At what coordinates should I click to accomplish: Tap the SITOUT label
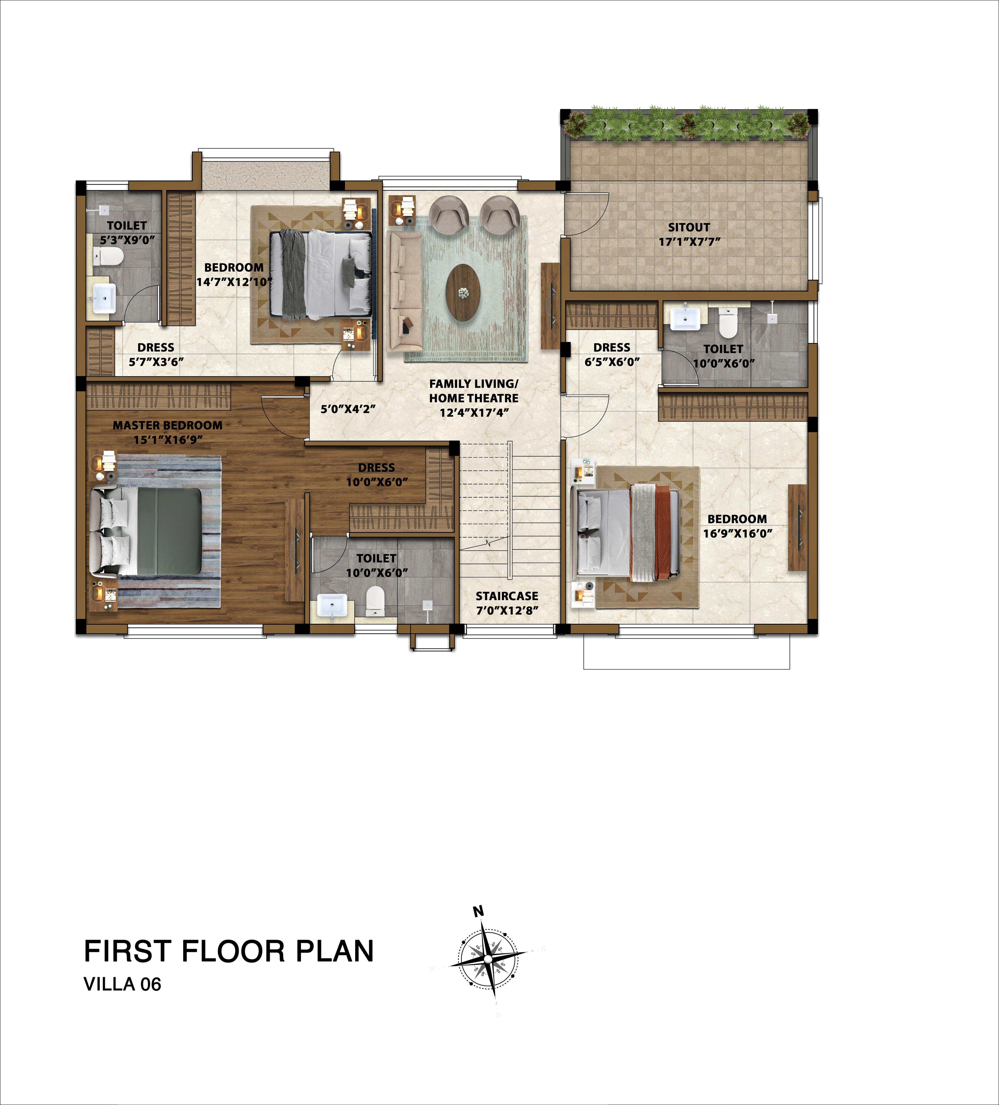(x=689, y=227)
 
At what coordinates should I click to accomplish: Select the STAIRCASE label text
(x=507, y=596)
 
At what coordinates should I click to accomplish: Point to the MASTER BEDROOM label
(x=168, y=425)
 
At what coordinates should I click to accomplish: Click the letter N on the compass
(x=478, y=912)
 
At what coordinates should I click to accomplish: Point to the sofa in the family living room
(x=405, y=290)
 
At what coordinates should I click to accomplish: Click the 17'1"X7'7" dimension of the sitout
(x=689, y=242)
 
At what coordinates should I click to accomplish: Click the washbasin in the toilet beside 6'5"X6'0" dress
(x=684, y=319)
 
